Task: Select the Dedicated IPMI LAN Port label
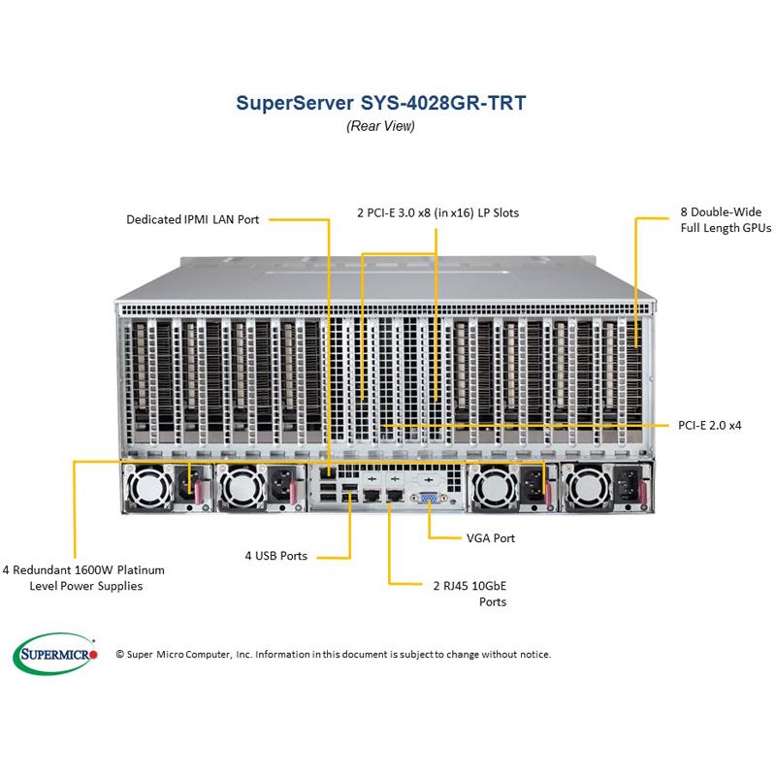coord(192,220)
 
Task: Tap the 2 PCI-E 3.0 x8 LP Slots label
coord(433,212)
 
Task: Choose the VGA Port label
coord(491,537)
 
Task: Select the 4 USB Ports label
coord(275,556)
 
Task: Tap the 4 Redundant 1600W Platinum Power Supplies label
coord(83,577)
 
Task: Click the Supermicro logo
coord(56,654)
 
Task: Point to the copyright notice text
coord(333,655)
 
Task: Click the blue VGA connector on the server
coord(424,497)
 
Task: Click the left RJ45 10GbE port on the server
coord(368,496)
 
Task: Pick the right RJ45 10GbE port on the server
coord(393,496)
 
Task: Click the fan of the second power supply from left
coord(238,485)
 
